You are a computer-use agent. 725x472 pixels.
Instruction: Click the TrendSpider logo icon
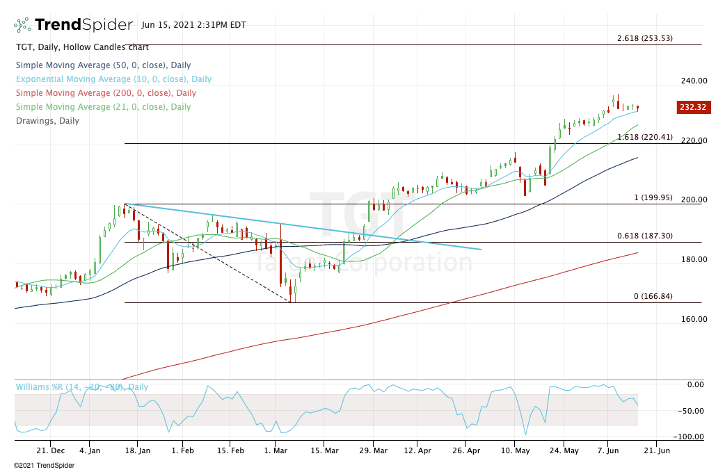coord(22,25)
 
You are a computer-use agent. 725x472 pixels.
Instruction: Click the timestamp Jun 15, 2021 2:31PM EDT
coord(193,25)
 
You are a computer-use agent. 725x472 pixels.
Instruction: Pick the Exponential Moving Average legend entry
coord(113,79)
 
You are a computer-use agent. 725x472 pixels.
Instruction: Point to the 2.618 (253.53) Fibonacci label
coord(645,38)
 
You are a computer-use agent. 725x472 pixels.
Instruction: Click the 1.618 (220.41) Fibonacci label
coord(645,138)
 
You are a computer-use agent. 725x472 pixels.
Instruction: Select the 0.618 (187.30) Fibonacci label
coord(645,236)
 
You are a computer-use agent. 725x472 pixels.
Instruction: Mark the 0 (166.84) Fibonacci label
coord(653,296)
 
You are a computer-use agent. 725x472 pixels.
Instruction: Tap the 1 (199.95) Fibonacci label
coord(653,197)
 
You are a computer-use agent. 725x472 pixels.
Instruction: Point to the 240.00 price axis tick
coord(694,81)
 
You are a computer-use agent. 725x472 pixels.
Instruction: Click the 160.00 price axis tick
coord(694,319)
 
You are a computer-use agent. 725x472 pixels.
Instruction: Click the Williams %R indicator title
coord(81,387)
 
